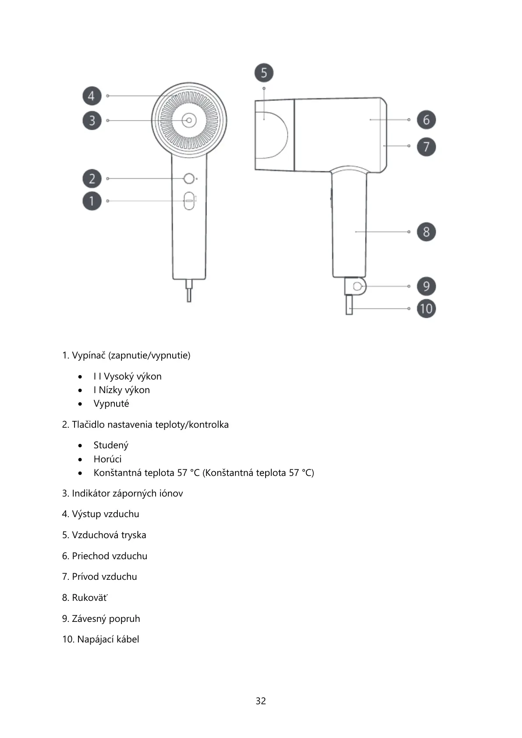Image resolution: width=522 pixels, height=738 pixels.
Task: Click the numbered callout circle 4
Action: pos(92,96)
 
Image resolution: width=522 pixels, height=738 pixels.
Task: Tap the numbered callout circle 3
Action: pos(92,121)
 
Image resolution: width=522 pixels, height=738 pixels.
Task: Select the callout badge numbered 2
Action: pos(92,179)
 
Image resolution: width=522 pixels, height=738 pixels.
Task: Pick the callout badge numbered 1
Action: pos(92,201)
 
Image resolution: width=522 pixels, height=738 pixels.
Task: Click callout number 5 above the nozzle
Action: pos(264,73)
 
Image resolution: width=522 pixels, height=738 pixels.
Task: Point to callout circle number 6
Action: pos(426,120)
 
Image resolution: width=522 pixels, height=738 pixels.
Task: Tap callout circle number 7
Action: pos(426,146)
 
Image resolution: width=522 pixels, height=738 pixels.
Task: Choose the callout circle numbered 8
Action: pos(426,232)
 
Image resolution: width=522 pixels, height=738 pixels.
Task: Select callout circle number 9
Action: pos(426,287)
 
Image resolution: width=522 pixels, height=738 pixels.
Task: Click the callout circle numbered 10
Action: pos(426,309)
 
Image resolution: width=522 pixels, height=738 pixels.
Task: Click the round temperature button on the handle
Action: pos(189,179)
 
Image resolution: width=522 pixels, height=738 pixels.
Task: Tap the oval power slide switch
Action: pos(189,201)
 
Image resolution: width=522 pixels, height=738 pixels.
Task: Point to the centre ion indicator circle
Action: pos(189,120)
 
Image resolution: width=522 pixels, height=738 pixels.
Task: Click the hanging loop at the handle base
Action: pos(358,287)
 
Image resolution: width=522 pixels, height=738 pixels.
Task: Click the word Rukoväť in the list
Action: pos(90,598)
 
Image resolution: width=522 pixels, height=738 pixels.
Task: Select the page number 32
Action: pos(261,701)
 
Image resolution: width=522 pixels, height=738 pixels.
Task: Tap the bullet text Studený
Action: pos(111,445)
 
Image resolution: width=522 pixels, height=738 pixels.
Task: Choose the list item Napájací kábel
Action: pos(108,639)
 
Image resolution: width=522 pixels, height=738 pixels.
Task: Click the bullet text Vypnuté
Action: pos(111,404)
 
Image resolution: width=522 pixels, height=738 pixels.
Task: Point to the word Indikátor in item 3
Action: pos(91,493)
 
